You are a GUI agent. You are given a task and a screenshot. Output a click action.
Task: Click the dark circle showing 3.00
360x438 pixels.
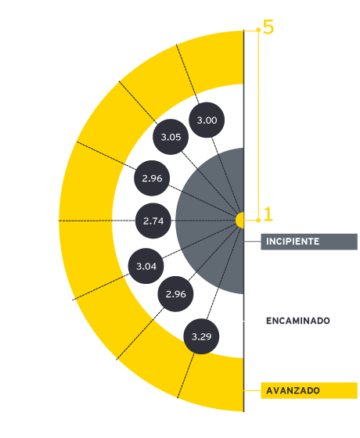[x=207, y=120]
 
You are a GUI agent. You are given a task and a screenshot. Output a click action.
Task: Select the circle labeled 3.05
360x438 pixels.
[x=171, y=137]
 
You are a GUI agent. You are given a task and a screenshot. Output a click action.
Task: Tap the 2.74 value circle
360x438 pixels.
[x=153, y=221]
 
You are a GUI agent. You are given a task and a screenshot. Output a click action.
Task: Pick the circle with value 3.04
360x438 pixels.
[x=146, y=266]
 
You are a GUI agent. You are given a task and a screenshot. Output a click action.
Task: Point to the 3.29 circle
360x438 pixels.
[x=201, y=336]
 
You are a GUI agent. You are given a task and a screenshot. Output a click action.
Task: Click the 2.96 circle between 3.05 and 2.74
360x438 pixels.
[x=152, y=178]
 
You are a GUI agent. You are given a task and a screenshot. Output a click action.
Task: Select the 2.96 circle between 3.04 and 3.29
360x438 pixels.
[x=175, y=294]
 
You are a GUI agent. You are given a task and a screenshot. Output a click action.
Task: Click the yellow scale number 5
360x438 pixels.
[x=268, y=27]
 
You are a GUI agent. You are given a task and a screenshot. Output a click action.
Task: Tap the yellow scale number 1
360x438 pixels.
[x=268, y=214]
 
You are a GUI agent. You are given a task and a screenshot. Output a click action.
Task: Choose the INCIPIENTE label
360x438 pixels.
[x=309, y=242]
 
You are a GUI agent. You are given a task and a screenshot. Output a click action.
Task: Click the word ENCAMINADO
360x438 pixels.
[x=298, y=321]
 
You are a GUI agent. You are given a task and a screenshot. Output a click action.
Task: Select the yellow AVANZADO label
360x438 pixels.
[x=309, y=390]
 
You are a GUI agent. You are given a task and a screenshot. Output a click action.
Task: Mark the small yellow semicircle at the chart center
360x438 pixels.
[x=240, y=220]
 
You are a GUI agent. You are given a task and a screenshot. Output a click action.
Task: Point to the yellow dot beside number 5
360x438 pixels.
[x=258, y=30]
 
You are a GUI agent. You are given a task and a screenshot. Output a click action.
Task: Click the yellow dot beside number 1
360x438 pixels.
[x=258, y=221]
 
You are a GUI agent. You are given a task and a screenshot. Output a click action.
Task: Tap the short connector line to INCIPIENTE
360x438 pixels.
[x=253, y=242]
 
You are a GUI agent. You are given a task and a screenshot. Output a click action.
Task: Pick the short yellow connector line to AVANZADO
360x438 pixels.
[x=253, y=390]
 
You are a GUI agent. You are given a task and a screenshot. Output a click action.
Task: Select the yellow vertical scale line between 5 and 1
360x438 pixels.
[x=258, y=125]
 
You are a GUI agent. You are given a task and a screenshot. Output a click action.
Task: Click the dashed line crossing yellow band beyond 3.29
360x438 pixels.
[x=185, y=376]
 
